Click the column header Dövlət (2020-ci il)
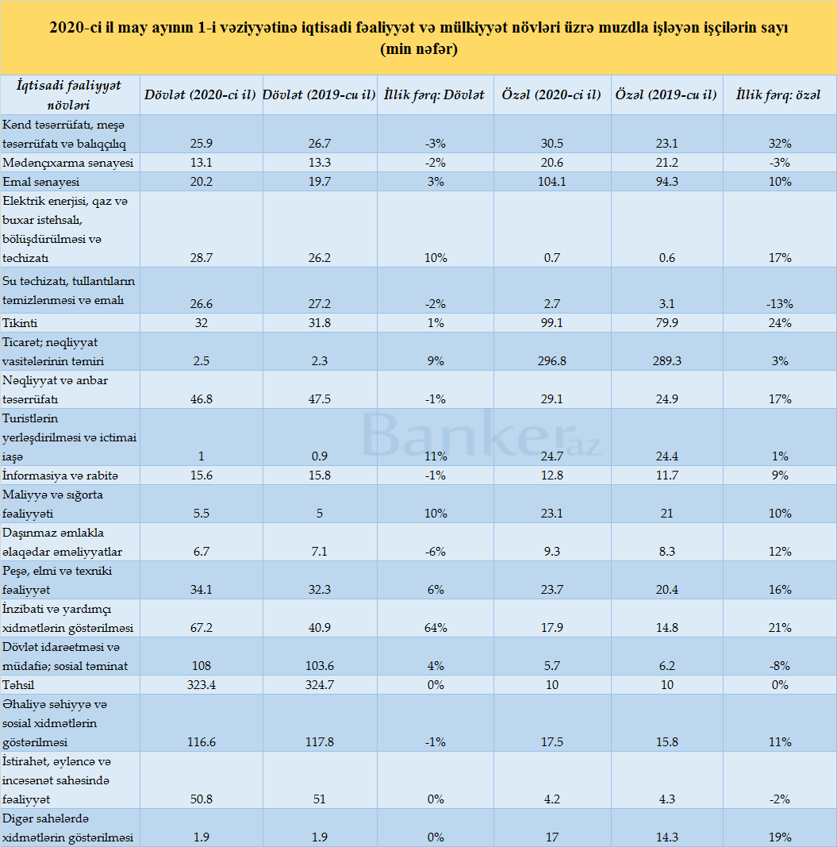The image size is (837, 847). (x=200, y=95)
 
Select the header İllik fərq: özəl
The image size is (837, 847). (x=778, y=95)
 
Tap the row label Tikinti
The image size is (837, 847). (x=20, y=323)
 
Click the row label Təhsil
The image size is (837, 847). (x=18, y=685)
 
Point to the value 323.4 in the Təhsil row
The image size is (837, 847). (x=202, y=685)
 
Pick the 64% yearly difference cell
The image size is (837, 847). (x=436, y=628)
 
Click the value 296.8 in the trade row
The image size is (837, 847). (x=552, y=361)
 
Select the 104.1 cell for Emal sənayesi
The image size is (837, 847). (x=552, y=182)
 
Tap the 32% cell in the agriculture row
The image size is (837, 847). (x=780, y=144)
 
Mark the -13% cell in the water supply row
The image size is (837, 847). (x=780, y=303)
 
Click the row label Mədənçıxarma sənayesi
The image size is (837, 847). (x=68, y=163)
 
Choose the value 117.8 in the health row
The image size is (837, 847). (x=320, y=742)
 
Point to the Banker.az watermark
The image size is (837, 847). (x=482, y=435)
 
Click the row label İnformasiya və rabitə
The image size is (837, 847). (x=60, y=475)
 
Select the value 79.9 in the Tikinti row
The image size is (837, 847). (x=667, y=323)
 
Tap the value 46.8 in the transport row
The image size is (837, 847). (x=202, y=399)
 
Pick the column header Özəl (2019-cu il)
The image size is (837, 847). (x=666, y=95)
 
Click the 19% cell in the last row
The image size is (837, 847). (x=780, y=837)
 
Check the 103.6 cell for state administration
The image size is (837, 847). (x=320, y=666)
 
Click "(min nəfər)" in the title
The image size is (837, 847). (x=419, y=49)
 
